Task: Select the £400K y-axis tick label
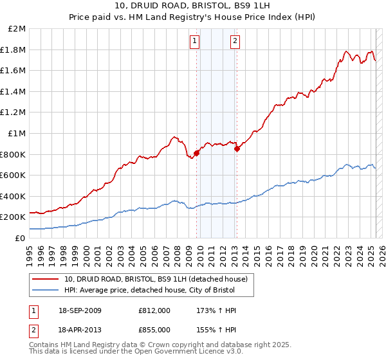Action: tap(14, 196)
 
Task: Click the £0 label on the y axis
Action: tap(21, 238)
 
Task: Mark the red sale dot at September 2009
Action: tap(196, 153)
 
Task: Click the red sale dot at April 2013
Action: tap(237, 148)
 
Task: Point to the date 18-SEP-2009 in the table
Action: tap(84, 310)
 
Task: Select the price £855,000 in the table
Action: tap(154, 329)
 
